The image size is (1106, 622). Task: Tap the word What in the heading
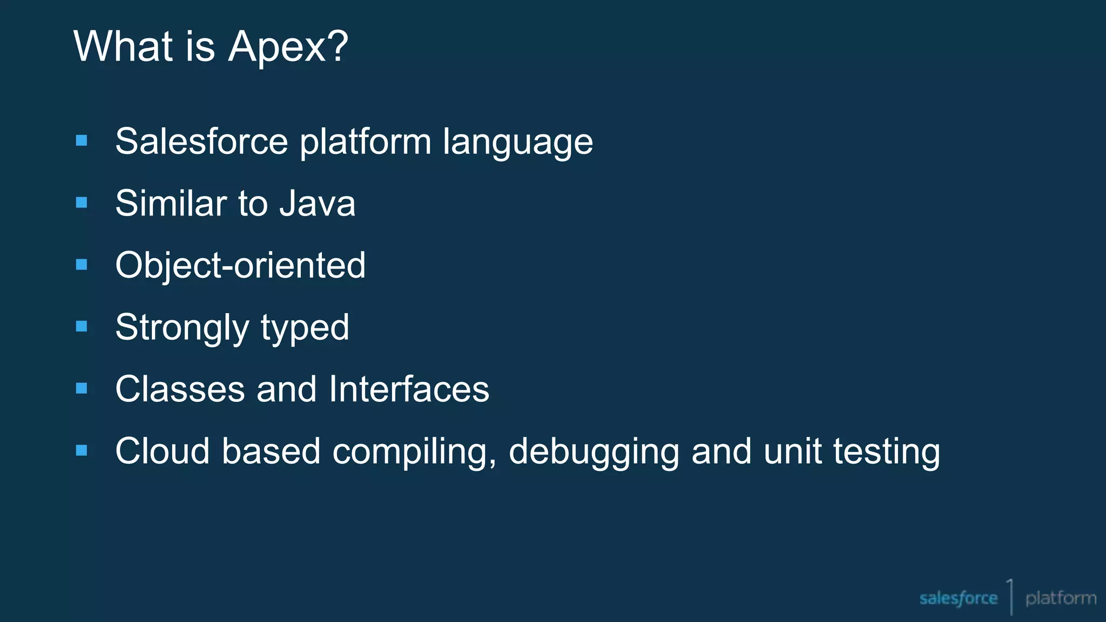click(x=123, y=46)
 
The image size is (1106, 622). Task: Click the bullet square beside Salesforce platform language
click(x=82, y=141)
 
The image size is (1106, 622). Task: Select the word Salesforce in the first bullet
click(x=201, y=141)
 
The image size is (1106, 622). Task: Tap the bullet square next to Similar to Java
click(x=82, y=202)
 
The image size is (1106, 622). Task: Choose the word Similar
click(x=171, y=204)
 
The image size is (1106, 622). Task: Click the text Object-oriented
click(x=240, y=266)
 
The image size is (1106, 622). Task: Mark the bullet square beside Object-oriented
click(x=82, y=265)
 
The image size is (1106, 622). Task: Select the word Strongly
click(x=182, y=328)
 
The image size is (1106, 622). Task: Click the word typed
click(x=305, y=328)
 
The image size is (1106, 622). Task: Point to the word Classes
click(x=180, y=389)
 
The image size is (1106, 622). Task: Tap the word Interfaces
click(x=409, y=389)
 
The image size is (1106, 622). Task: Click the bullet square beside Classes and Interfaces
click(x=82, y=388)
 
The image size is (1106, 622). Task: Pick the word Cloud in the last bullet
click(x=162, y=451)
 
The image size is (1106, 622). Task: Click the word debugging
click(x=594, y=453)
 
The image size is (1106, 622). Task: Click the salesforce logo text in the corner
click(x=958, y=598)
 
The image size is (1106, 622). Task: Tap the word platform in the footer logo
click(x=1061, y=598)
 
